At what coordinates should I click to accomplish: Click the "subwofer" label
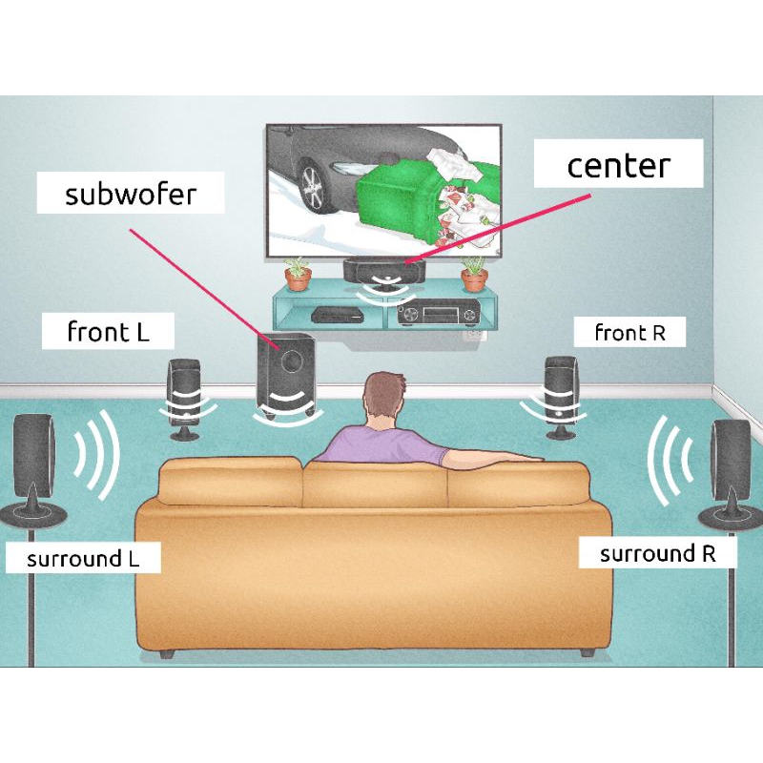click(x=131, y=195)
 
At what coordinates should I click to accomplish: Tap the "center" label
click(x=619, y=166)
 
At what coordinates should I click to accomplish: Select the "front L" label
click(x=109, y=332)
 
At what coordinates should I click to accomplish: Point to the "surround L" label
click(x=83, y=559)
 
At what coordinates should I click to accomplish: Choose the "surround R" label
click(x=657, y=553)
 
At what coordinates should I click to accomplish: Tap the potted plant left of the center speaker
click(x=299, y=274)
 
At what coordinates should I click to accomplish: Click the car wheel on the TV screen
click(x=314, y=186)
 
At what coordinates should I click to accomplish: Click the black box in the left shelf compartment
click(x=336, y=316)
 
